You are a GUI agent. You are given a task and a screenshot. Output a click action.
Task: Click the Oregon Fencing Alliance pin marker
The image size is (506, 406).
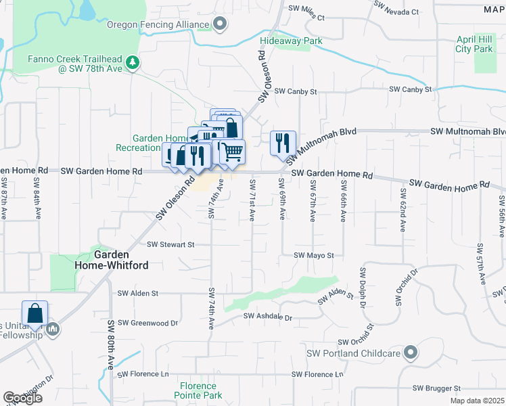[x=220, y=25]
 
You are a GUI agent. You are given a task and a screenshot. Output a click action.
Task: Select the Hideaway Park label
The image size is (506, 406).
[x=292, y=41]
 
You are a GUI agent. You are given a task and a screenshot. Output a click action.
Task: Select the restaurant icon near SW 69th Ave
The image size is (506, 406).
[x=283, y=143]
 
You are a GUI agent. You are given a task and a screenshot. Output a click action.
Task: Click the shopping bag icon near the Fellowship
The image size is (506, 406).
[x=34, y=313]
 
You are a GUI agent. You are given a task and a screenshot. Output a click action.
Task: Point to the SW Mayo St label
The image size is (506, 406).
[x=314, y=255]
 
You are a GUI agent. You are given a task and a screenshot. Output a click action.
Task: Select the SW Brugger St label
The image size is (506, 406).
[x=436, y=388]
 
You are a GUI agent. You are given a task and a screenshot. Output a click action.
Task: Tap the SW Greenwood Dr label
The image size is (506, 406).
[x=147, y=323]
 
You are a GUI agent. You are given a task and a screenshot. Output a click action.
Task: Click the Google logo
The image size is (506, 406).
[x=22, y=398]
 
